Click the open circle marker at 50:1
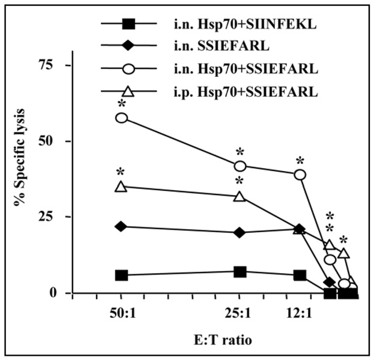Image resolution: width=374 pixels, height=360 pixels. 121,118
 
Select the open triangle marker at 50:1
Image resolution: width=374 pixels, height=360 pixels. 121,187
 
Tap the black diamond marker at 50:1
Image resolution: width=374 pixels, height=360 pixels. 121,226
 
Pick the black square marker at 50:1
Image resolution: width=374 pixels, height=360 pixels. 121,275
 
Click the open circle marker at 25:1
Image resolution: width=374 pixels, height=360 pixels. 240,166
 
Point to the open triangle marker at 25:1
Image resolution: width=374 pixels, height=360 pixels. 240,196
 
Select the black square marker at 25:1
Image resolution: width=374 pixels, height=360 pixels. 240,272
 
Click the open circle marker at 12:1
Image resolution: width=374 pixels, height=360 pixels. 300,175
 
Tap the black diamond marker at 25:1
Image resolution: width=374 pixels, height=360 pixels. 240,233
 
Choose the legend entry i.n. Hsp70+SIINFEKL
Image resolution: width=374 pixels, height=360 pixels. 240,25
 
